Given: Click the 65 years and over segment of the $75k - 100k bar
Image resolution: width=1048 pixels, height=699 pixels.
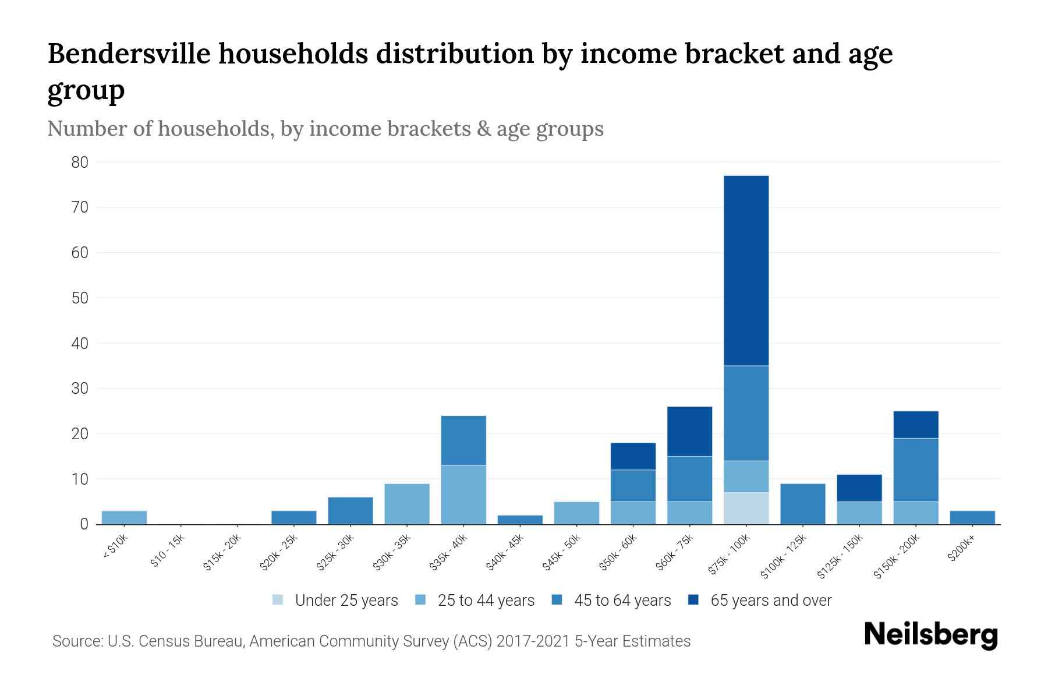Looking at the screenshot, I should (x=746, y=271).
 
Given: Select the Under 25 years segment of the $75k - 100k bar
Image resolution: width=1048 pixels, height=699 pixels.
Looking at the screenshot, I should (x=746, y=509).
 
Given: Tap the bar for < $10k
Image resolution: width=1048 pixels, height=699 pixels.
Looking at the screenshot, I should (x=124, y=517).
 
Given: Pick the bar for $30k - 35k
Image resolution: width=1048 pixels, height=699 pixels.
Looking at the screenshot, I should (x=407, y=504).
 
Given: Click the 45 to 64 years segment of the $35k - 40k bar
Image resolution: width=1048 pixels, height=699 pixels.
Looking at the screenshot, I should (x=463, y=440).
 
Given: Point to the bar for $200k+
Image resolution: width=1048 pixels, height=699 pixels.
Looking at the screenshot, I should (x=972, y=517).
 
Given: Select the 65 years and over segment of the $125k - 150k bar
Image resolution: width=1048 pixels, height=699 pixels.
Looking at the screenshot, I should (x=859, y=488).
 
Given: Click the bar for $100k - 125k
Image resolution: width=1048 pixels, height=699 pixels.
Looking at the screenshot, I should (x=802, y=504).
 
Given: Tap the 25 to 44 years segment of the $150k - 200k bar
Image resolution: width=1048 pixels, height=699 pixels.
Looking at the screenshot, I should (x=916, y=513).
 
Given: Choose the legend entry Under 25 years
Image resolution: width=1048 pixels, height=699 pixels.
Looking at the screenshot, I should (x=346, y=601).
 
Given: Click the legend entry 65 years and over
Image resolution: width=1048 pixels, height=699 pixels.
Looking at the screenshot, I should (x=770, y=601).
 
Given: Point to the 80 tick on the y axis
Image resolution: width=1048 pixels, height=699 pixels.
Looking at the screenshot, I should (x=80, y=163).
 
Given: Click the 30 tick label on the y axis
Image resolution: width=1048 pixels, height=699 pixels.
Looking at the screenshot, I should (x=80, y=389).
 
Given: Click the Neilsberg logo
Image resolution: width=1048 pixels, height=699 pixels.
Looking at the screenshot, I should (x=930, y=635).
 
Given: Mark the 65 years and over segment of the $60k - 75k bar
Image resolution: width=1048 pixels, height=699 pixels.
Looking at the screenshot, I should (x=689, y=432).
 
